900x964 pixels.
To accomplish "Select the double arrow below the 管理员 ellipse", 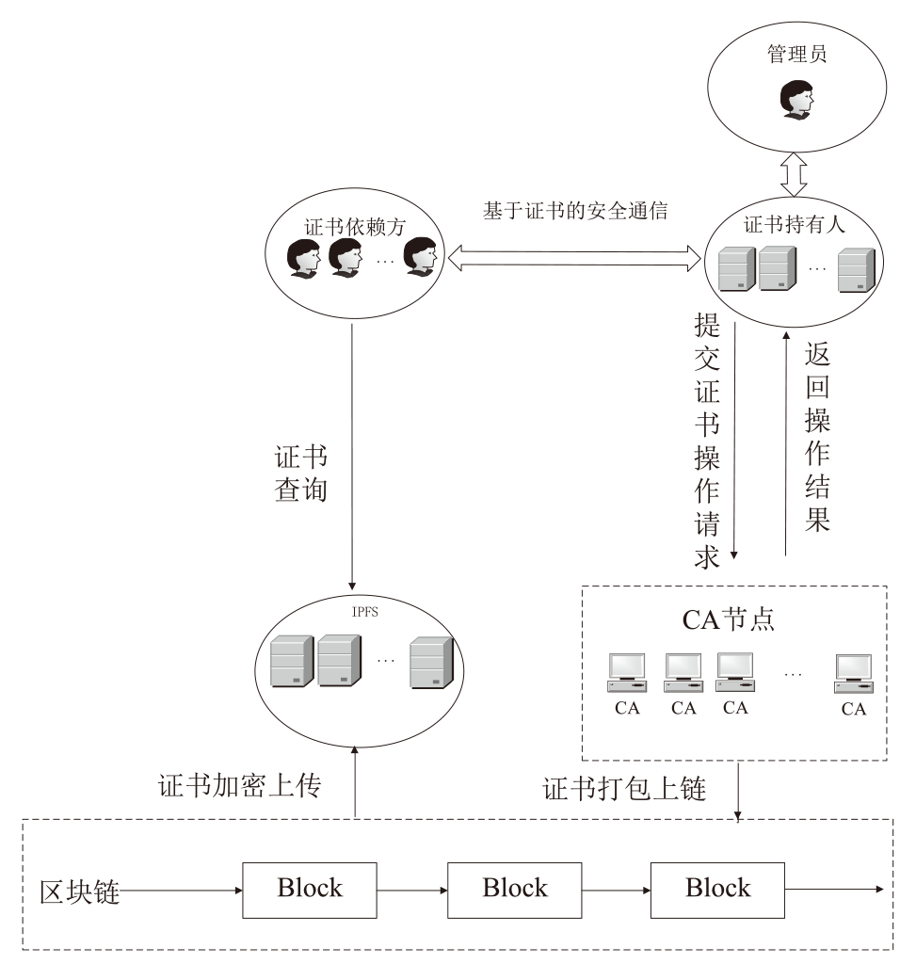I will (795, 176).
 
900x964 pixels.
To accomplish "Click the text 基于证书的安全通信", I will (575, 212).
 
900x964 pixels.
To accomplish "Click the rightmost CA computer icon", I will (853, 674).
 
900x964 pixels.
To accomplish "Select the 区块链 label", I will (79, 889).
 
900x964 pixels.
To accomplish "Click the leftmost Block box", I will (309, 888).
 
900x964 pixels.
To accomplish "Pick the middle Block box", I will (514, 888).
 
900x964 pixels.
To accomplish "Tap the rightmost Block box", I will (717, 888).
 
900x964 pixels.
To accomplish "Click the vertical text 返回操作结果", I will (817, 437).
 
